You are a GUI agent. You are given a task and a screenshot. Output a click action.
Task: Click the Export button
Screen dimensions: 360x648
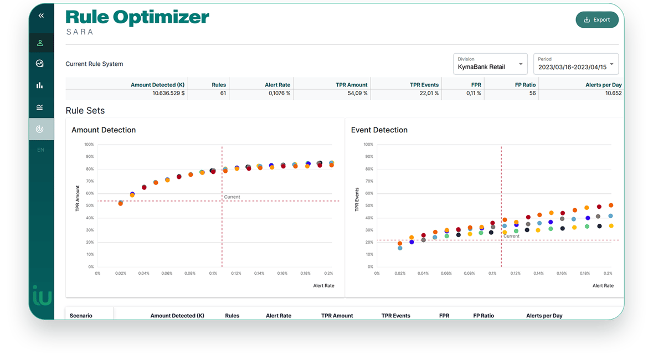coord(597,20)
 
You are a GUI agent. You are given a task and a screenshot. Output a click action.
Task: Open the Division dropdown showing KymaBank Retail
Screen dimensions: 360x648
coord(490,64)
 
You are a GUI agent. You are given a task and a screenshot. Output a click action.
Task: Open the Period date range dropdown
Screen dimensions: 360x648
coord(575,64)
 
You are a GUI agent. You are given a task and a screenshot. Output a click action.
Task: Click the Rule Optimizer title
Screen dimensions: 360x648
coord(137,18)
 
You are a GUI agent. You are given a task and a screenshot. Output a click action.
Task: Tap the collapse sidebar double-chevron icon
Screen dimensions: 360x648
coord(41,16)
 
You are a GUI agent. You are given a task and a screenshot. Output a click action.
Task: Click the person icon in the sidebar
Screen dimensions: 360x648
coord(40,43)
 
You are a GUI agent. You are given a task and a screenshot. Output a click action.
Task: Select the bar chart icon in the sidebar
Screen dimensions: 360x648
coord(40,85)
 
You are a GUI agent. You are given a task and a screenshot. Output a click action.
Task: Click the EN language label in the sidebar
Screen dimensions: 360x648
coord(40,150)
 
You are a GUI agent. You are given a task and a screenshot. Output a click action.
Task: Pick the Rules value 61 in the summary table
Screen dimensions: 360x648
coord(223,94)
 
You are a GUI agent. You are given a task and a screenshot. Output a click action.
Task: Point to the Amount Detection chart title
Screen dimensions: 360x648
coord(104,130)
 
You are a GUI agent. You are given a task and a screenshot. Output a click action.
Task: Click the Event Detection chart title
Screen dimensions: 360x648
coord(379,130)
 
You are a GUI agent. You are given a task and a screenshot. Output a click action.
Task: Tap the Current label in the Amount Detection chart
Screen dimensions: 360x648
coord(232,197)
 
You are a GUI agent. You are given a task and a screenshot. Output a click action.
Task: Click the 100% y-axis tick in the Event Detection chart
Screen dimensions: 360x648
coord(368,145)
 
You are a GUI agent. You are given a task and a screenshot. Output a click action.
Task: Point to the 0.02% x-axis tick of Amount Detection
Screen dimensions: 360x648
coord(120,274)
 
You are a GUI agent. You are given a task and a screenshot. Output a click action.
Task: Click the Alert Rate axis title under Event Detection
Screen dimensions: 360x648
coord(603,286)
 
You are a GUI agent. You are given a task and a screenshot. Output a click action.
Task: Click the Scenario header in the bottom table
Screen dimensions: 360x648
coord(81,316)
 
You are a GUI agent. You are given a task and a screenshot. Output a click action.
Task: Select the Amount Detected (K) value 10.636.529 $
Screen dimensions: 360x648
coord(168,94)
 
